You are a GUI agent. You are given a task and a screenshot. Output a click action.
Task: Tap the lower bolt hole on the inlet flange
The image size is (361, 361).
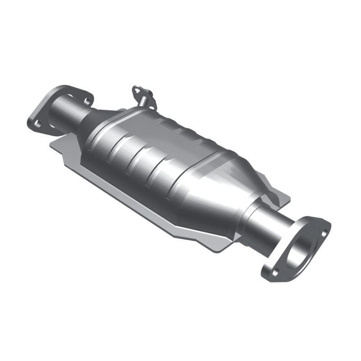pyautogui.click(x=38, y=122)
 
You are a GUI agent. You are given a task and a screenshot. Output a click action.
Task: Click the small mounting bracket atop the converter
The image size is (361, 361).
pyautogui.click(x=143, y=95)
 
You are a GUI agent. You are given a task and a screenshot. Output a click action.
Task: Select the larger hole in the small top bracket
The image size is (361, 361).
pyautogui.click(x=136, y=90)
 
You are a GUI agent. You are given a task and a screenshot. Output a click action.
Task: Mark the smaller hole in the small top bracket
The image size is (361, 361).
pyautogui.click(x=149, y=96)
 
